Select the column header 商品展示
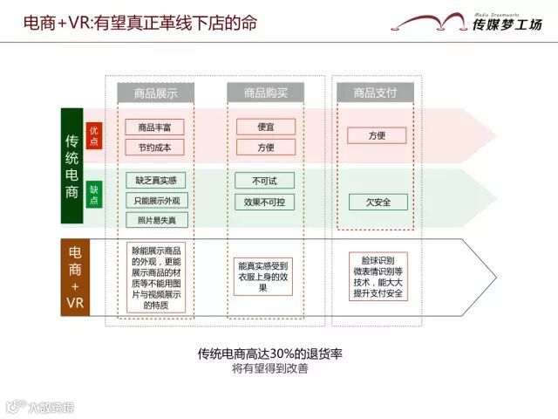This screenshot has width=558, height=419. (155, 92)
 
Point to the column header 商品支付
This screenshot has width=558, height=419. (377, 92)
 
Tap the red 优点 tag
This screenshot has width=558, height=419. (94, 135)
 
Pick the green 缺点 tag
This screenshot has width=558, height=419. (94, 195)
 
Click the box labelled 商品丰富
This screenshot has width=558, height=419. (155, 127)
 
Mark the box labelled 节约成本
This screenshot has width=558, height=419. (155, 147)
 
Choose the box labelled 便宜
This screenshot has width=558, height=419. (266, 127)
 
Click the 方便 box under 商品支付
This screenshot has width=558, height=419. (377, 136)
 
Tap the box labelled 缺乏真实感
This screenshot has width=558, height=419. (155, 181)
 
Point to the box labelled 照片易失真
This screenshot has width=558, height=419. (155, 220)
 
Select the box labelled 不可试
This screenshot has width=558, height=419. (266, 181)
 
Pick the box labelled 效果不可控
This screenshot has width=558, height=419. (266, 202)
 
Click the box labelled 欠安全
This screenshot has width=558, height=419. (377, 202)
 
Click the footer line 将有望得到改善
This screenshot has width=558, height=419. (269, 369)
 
